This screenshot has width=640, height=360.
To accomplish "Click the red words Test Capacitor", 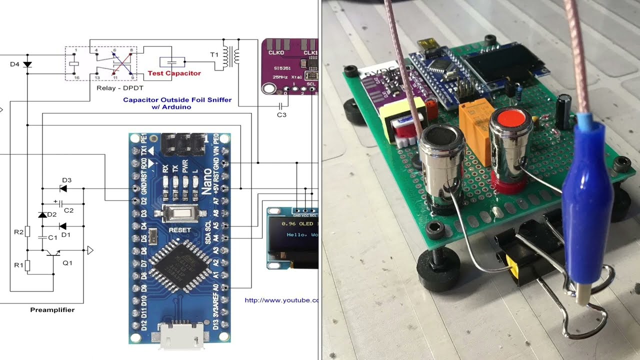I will tap(174, 73).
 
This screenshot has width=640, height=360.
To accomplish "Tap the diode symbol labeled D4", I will tap(27, 64).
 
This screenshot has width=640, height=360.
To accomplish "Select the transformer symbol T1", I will tap(230, 55).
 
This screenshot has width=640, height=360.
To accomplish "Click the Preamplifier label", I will tap(52, 310).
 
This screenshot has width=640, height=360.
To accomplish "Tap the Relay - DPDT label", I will tap(116, 88).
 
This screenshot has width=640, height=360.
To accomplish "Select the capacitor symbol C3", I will tap(281, 106).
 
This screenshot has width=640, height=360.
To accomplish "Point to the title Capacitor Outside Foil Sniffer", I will tap(177, 100).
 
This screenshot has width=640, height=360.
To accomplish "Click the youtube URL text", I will tap(281, 300).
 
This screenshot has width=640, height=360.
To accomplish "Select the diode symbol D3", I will tap(63, 188).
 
